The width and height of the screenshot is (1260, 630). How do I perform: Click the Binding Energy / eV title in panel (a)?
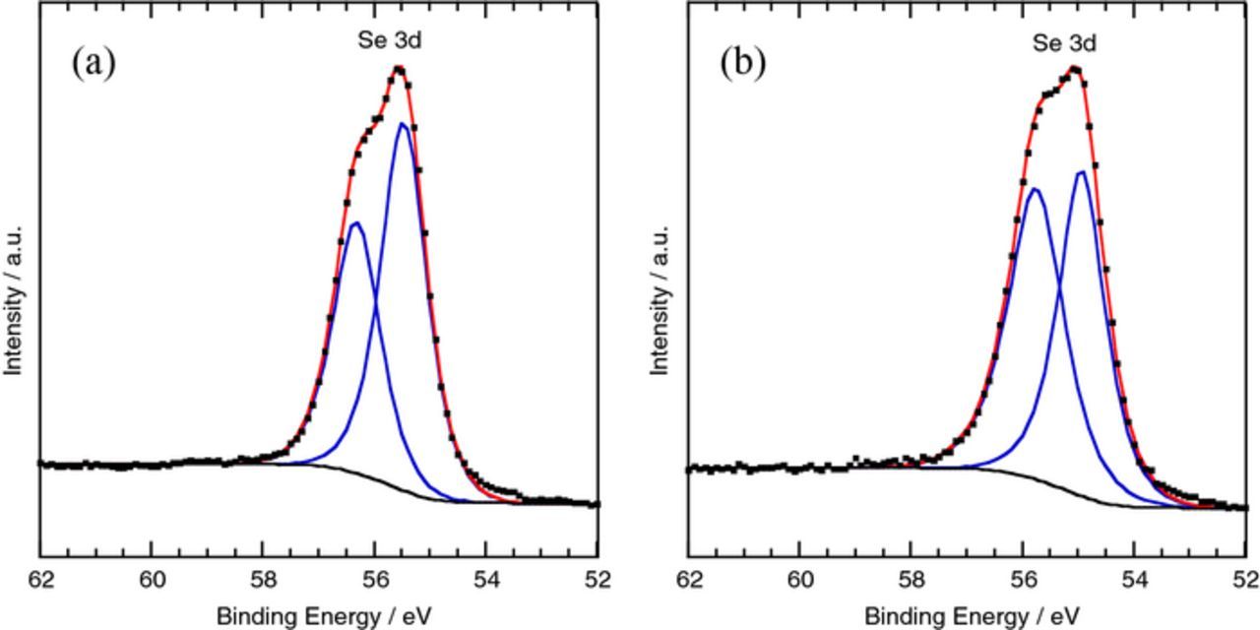pos(324,617)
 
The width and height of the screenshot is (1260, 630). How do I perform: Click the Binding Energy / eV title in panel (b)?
pos(972,617)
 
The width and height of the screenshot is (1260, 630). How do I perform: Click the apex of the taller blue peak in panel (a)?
pos(403,124)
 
